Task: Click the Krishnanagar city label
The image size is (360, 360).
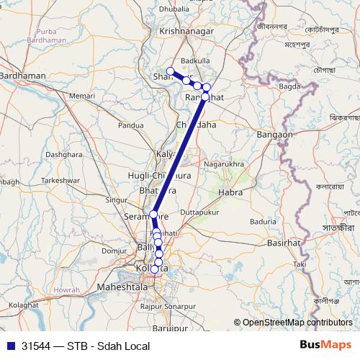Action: (190, 32)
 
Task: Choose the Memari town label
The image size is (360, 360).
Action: (83, 95)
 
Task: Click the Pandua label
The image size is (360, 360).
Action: (130, 125)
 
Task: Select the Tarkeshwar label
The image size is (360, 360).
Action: (58, 180)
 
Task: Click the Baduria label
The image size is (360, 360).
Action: (263, 222)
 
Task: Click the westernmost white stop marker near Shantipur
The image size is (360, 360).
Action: (171, 71)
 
